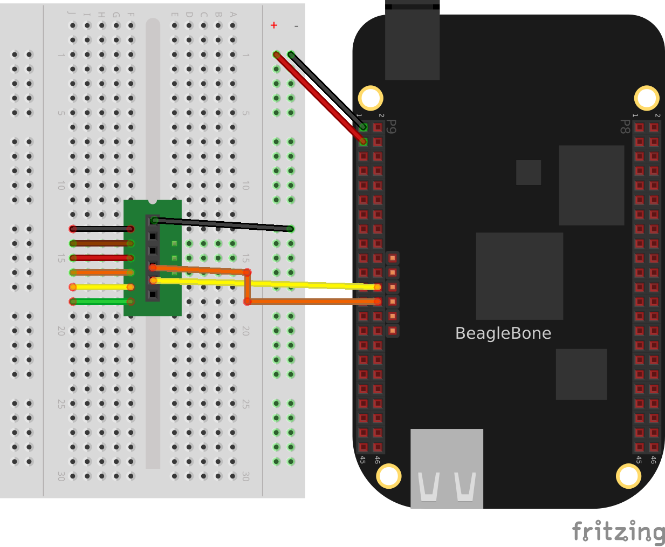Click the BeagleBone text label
(x=503, y=333)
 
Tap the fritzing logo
(x=618, y=531)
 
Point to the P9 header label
(x=392, y=127)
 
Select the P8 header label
(x=625, y=127)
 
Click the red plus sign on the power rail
(x=274, y=25)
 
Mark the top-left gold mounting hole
(x=371, y=98)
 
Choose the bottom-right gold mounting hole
(x=628, y=476)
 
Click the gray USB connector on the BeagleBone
(x=447, y=468)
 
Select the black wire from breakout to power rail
(x=221, y=224)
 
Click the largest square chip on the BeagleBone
(x=519, y=276)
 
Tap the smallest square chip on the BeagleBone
(x=528, y=173)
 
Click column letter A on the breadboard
(x=233, y=15)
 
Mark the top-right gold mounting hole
(x=646, y=98)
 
